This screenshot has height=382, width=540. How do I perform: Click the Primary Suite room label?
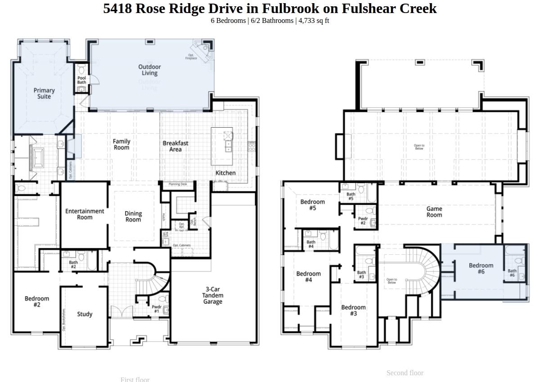44,93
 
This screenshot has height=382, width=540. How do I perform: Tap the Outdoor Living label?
149,70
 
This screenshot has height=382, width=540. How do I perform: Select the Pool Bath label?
81,80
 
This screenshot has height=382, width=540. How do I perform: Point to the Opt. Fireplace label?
191,57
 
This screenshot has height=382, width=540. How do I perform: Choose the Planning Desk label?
178,184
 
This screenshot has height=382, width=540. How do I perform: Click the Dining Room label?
133,217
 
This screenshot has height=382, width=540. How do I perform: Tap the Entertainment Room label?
85,214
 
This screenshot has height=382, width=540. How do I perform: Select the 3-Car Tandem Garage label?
212,296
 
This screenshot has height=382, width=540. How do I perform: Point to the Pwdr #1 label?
157,309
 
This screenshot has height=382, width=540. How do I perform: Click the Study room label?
85,314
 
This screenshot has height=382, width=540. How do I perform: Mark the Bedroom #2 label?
37,302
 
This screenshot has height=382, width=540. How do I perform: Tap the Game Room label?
434,212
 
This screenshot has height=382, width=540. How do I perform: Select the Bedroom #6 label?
481,268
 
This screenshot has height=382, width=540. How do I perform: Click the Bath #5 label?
351,196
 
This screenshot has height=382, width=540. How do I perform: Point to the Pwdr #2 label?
363,221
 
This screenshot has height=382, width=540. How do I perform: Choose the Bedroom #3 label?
353,310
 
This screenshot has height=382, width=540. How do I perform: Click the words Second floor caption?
405,373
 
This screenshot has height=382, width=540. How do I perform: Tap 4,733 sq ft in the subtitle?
314,21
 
